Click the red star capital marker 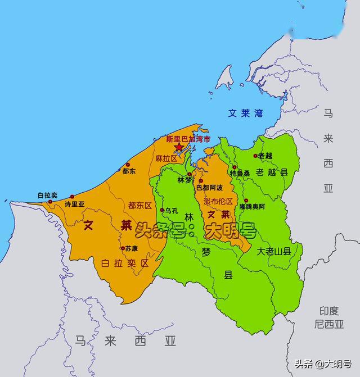tap(179, 147)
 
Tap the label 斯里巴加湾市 tap(185, 139)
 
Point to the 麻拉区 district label tap(166, 159)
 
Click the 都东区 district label tap(140, 205)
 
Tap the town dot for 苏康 tap(123, 248)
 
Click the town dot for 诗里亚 tap(72, 197)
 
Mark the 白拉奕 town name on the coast tap(47, 194)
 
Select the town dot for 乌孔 tap(162, 210)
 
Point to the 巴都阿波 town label tap(209, 187)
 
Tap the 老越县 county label tap(272, 172)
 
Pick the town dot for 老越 tap(255, 156)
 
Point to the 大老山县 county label tap(274, 251)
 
